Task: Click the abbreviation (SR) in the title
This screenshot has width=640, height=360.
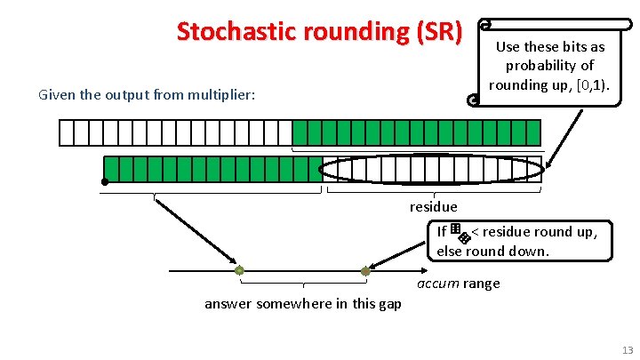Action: pyautogui.click(x=434, y=32)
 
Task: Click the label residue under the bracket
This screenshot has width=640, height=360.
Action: pyautogui.click(x=433, y=207)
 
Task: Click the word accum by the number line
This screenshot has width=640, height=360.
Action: pyautogui.click(x=437, y=284)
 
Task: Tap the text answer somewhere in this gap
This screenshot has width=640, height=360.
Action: pyautogui.click(x=302, y=304)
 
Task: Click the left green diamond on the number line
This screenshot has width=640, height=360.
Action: pyautogui.click(x=239, y=270)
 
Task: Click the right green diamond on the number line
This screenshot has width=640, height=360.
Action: pyautogui.click(x=365, y=270)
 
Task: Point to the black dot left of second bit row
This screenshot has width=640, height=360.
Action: pyautogui.click(x=104, y=182)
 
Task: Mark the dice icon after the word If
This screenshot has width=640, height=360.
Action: pyautogui.click(x=460, y=234)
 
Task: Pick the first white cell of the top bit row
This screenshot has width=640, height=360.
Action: pyautogui.click(x=66, y=132)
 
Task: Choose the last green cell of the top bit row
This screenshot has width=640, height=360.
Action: pyautogui.click(x=532, y=132)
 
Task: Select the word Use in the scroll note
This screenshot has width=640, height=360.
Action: pyautogui.click(x=508, y=46)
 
